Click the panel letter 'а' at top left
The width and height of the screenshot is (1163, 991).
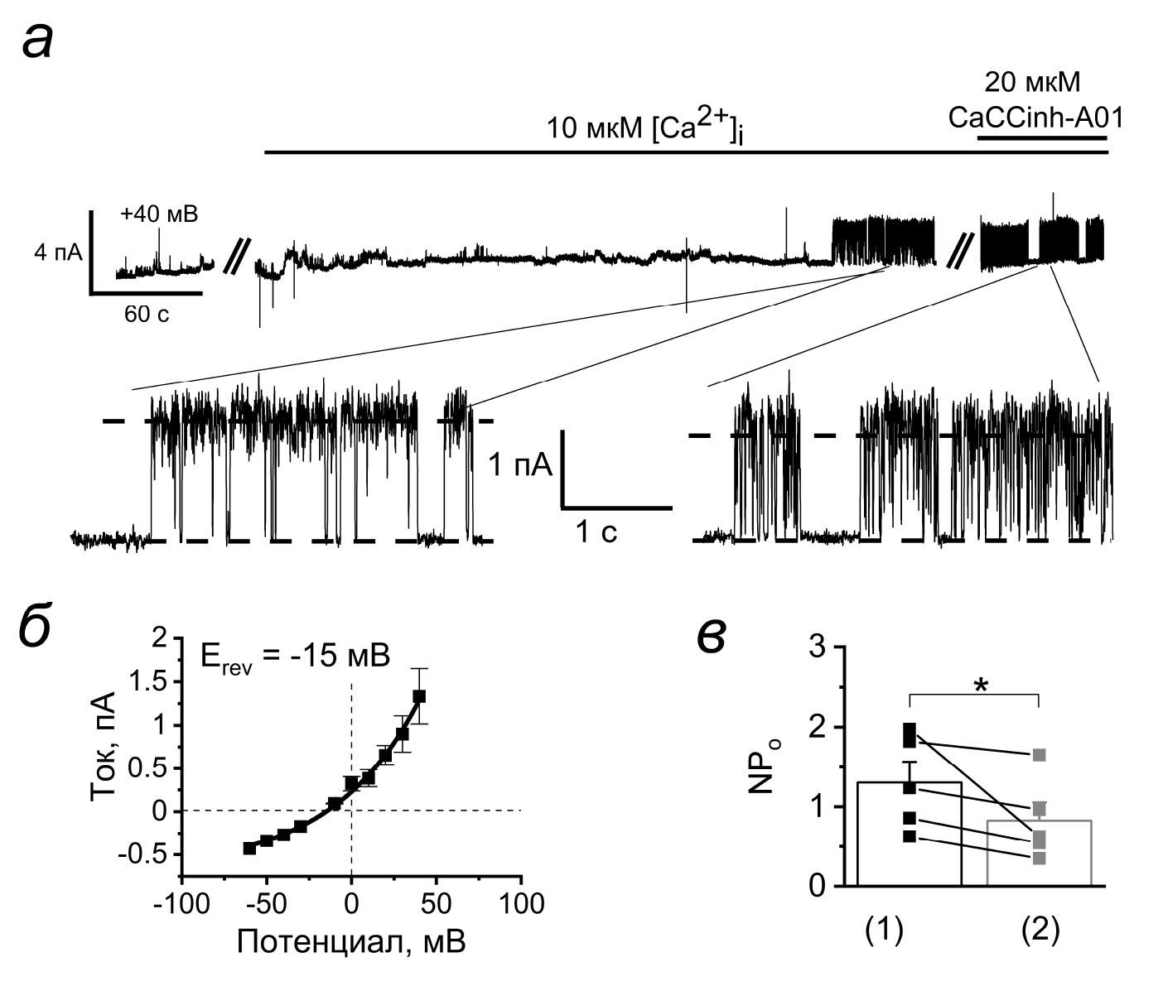tap(38, 41)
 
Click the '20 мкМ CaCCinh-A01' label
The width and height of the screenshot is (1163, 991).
tap(1035, 100)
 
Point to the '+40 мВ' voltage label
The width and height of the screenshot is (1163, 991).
tap(159, 214)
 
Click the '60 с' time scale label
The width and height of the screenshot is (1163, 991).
tap(147, 314)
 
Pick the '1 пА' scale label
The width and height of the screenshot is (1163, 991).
tap(520, 465)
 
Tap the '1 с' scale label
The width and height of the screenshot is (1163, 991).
tap(597, 532)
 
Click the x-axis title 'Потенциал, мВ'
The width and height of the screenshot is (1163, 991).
tap(351, 941)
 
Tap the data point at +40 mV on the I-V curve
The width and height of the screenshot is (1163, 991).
tap(419, 696)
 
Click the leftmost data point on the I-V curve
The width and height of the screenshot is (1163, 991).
tap(249, 848)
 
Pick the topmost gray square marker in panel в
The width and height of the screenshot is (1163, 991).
tap(1040, 754)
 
